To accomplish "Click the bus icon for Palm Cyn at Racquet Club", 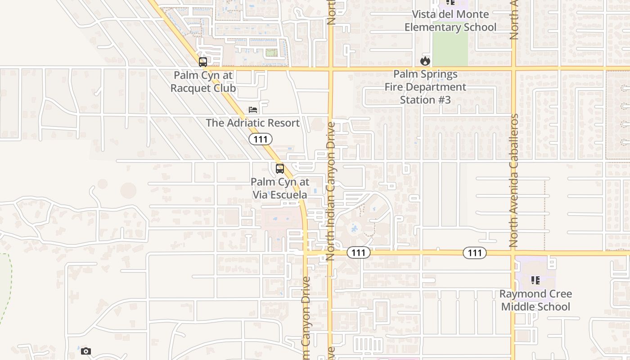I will click(x=203, y=62).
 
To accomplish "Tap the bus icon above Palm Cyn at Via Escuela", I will click(x=280, y=169).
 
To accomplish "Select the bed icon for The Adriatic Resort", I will click(x=253, y=110).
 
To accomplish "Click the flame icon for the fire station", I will click(x=425, y=61).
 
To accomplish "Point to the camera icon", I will click(x=86, y=351).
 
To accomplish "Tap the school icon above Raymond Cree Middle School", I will click(x=535, y=281).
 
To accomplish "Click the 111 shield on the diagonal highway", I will click(x=261, y=139).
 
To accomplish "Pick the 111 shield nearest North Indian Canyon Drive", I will click(x=359, y=253).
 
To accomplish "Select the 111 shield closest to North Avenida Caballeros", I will click(x=475, y=253).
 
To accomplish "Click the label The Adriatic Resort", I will click(x=252, y=123).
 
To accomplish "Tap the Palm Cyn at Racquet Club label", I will click(x=203, y=81).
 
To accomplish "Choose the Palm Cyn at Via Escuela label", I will click(x=280, y=188).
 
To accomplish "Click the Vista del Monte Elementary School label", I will click(x=450, y=21).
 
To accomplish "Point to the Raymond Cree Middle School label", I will click(x=535, y=300).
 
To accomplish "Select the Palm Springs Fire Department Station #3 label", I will click(x=425, y=87).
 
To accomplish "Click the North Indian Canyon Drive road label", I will click(x=331, y=191).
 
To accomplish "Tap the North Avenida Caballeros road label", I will click(x=514, y=180).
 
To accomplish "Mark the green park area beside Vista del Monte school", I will click(x=450, y=49).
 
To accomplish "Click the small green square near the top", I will click(x=271, y=53).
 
